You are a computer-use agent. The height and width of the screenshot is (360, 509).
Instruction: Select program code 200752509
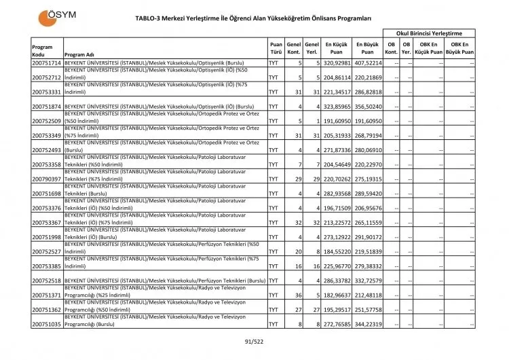point(47,121)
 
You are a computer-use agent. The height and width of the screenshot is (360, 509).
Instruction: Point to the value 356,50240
point(368,107)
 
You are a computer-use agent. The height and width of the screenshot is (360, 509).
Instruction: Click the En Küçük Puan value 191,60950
point(337,121)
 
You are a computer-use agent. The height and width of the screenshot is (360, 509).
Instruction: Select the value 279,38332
point(368,266)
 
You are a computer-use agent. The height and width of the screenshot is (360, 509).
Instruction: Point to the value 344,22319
point(368,325)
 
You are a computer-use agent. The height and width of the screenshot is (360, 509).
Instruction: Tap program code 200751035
point(47,325)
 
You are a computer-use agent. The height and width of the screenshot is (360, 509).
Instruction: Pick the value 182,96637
point(337,295)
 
